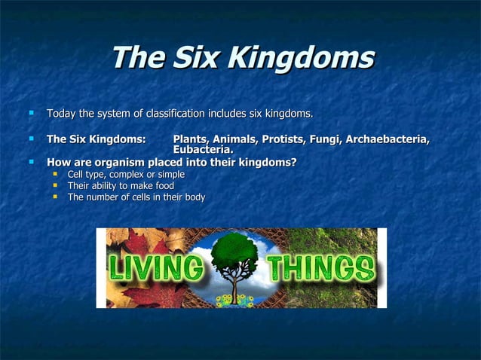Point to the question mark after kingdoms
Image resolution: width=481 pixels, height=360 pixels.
pyautogui.click(x=293, y=161)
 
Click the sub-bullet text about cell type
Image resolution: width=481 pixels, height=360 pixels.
pyautogui.click(x=125, y=175)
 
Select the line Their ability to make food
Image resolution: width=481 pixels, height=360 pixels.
pyautogui.click(x=120, y=186)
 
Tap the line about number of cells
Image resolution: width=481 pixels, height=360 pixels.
pyautogui.click(x=136, y=197)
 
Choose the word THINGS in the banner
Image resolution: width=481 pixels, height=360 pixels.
pyautogui.click(x=320, y=268)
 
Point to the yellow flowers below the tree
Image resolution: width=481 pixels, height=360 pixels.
pyautogui.click(x=235, y=300)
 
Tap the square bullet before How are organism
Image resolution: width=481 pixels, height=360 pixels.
pyautogui.click(x=32, y=161)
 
